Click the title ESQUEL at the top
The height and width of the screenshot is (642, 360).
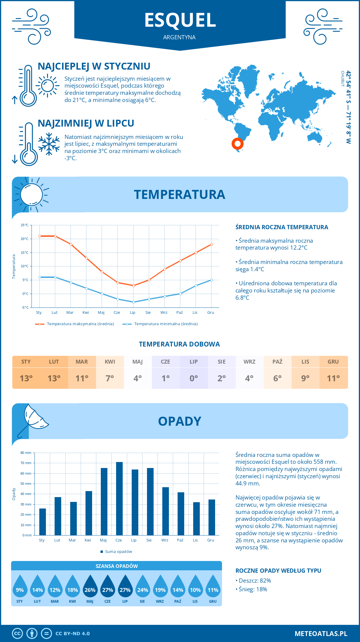coord(180,20)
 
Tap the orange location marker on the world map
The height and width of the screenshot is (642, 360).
coord(237,144)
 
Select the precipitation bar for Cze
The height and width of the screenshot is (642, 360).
coord(119,498)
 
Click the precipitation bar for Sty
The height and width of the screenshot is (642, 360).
coord(43,522)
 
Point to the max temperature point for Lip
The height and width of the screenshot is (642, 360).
coord(133,286)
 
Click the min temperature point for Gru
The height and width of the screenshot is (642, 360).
coord(211,280)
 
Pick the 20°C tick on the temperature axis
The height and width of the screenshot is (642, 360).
coord(25,239)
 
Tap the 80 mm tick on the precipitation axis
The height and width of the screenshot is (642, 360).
coord(26,453)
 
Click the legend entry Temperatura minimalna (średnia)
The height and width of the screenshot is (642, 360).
coord(166,324)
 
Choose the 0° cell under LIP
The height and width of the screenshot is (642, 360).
coord(193,378)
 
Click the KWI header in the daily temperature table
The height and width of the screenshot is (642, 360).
coord(110,362)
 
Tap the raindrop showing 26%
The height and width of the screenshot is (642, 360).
coord(90,586)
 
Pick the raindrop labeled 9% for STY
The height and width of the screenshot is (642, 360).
coord(20,586)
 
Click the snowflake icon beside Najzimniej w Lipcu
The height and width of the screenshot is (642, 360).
coord(49,144)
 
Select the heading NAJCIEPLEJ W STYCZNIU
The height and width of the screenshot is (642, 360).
coord(94,66)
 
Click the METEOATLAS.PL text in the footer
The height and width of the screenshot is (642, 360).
coord(321,634)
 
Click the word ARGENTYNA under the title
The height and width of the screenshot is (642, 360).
coord(179,37)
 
